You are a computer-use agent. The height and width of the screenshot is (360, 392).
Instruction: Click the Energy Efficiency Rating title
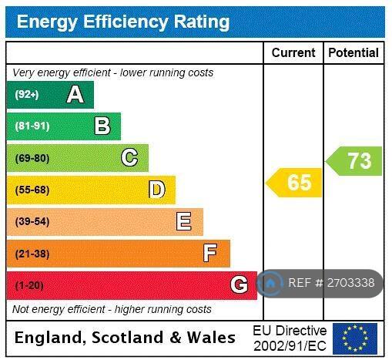[123, 22]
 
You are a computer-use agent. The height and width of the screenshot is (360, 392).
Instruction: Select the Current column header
[293, 52]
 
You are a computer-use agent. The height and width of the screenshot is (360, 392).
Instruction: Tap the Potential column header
[353, 52]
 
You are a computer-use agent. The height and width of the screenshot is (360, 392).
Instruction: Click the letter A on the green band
[75, 95]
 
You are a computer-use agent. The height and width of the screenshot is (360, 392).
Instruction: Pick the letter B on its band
[102, 126]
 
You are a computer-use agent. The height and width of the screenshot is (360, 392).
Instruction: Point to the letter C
[129, 158]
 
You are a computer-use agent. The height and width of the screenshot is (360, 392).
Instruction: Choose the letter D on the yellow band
[156, 190]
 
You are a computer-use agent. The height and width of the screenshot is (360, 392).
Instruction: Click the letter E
[183, 222]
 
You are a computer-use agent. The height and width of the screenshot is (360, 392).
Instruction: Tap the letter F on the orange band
[210, 253]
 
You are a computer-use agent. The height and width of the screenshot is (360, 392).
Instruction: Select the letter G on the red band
[239, 285]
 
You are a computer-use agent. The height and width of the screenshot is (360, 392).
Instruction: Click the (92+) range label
[27, 95]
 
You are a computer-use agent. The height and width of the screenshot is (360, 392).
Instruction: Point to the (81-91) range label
[32, 126]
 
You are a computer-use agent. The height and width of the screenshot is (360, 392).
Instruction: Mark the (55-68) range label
[32, 190]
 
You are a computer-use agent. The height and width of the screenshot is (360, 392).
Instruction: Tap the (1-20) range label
[29, 286]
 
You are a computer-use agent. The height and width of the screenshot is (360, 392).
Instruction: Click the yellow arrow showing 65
[295, 183]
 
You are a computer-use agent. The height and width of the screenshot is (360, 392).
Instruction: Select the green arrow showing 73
[355, 161]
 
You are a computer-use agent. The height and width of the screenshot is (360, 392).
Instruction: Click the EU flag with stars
[355, 338]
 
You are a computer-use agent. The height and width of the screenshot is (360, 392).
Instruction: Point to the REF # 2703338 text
[331, 283]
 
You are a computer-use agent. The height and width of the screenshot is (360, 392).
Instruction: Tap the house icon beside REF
[270, 283]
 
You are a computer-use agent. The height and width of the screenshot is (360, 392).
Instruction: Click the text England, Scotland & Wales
[125, 338]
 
